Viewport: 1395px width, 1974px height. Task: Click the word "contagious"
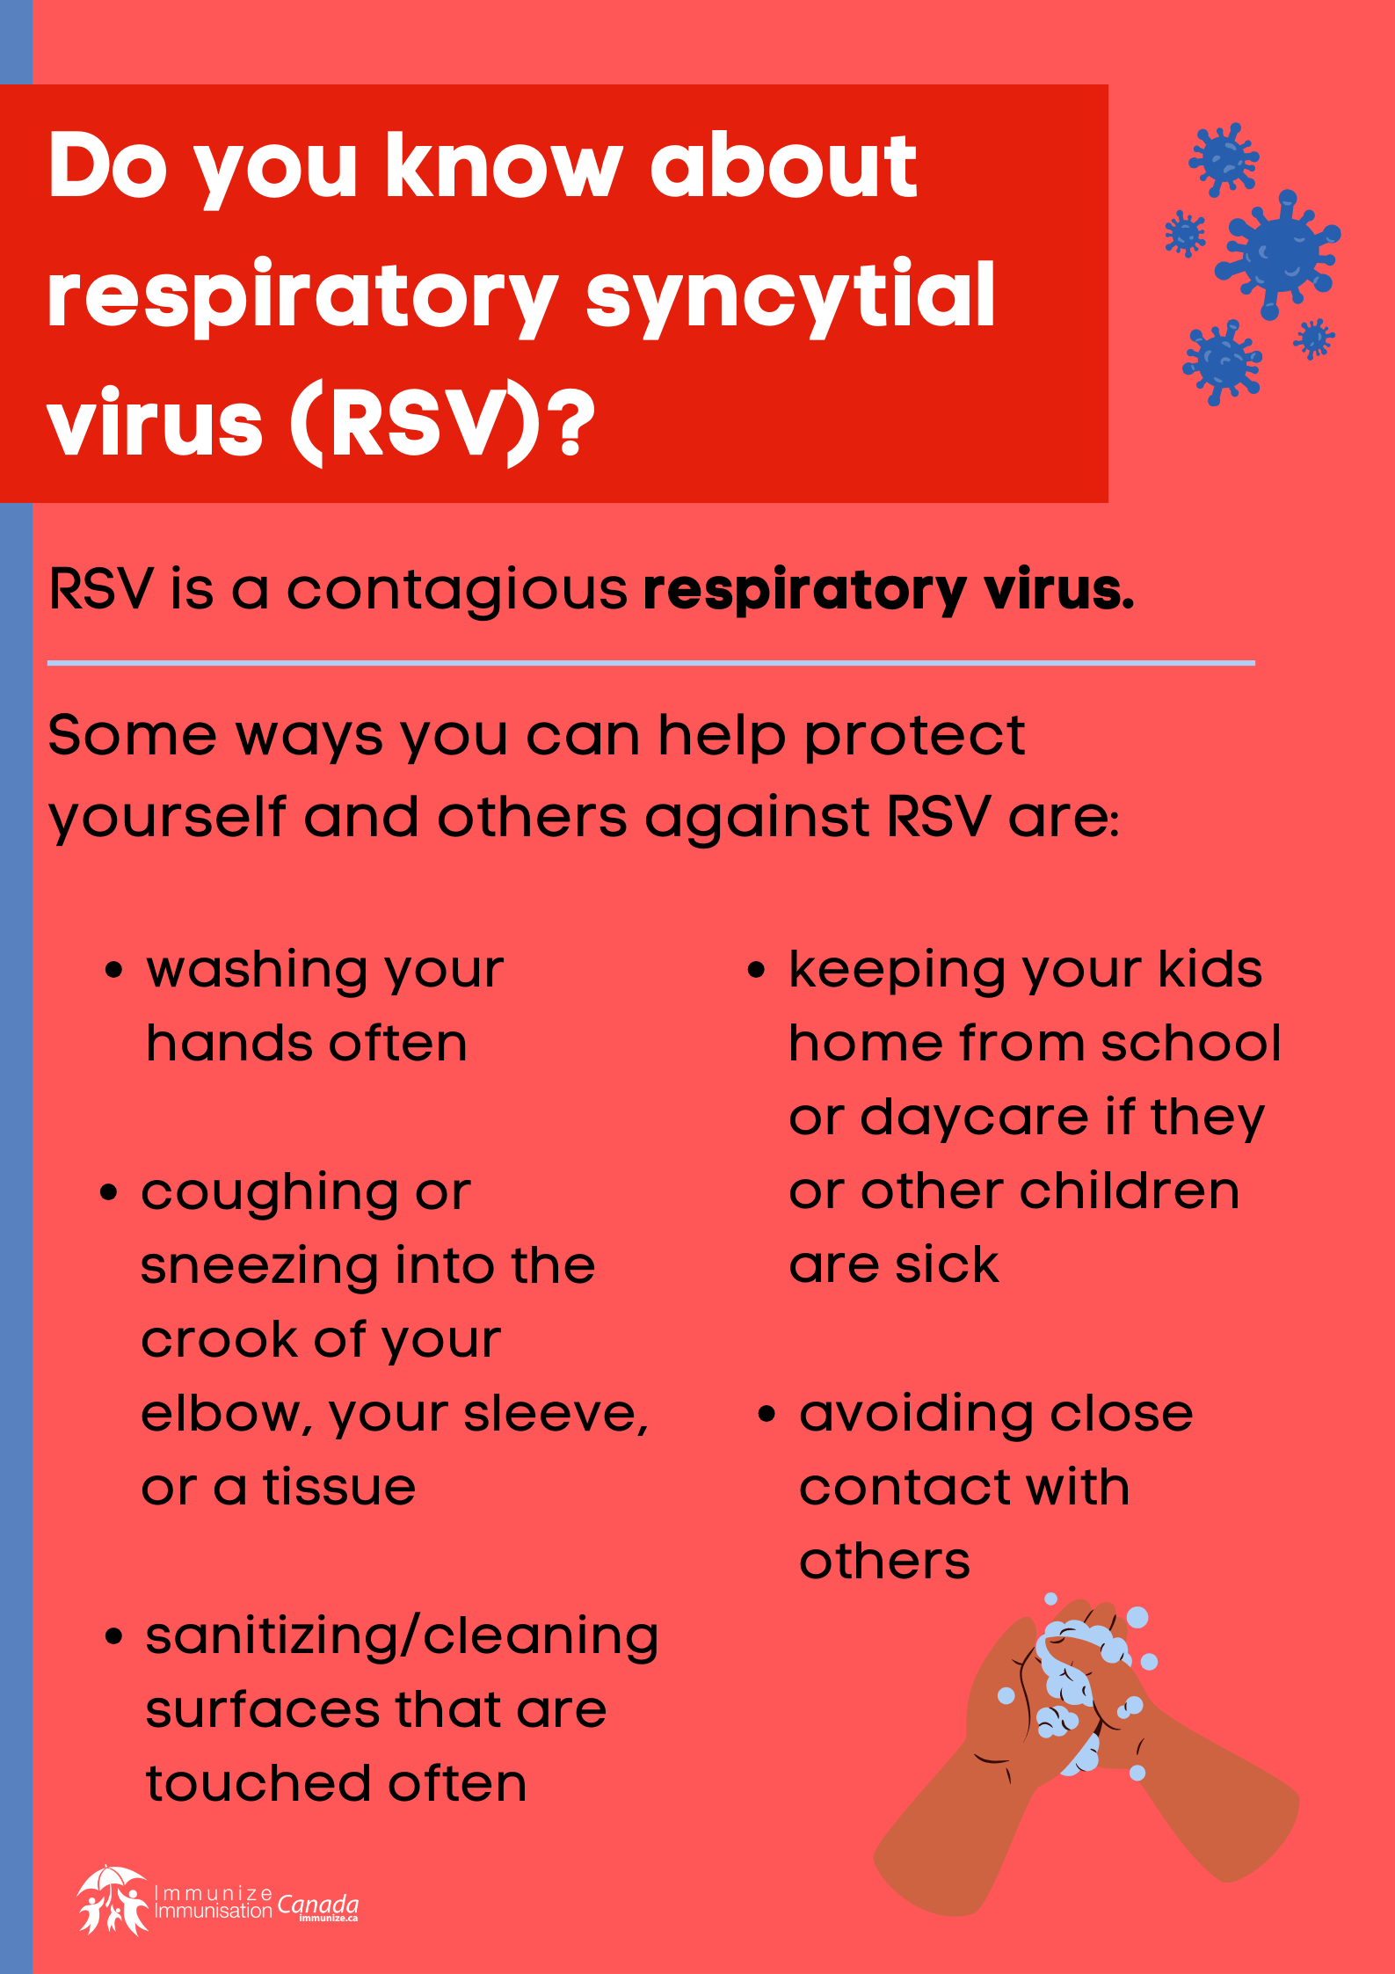457,590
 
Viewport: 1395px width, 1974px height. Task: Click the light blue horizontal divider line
650,663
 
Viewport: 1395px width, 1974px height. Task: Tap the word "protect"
914,736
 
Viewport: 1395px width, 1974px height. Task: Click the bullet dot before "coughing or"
109,1192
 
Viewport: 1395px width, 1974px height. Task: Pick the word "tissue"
339,1488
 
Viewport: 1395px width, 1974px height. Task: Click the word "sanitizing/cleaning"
402,1637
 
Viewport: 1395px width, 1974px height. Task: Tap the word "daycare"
974,1118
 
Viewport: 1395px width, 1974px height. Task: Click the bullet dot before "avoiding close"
767,1414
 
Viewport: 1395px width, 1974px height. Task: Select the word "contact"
904,1488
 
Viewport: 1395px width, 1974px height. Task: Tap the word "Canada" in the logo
317,1905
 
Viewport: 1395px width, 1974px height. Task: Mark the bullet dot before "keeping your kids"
756,970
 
